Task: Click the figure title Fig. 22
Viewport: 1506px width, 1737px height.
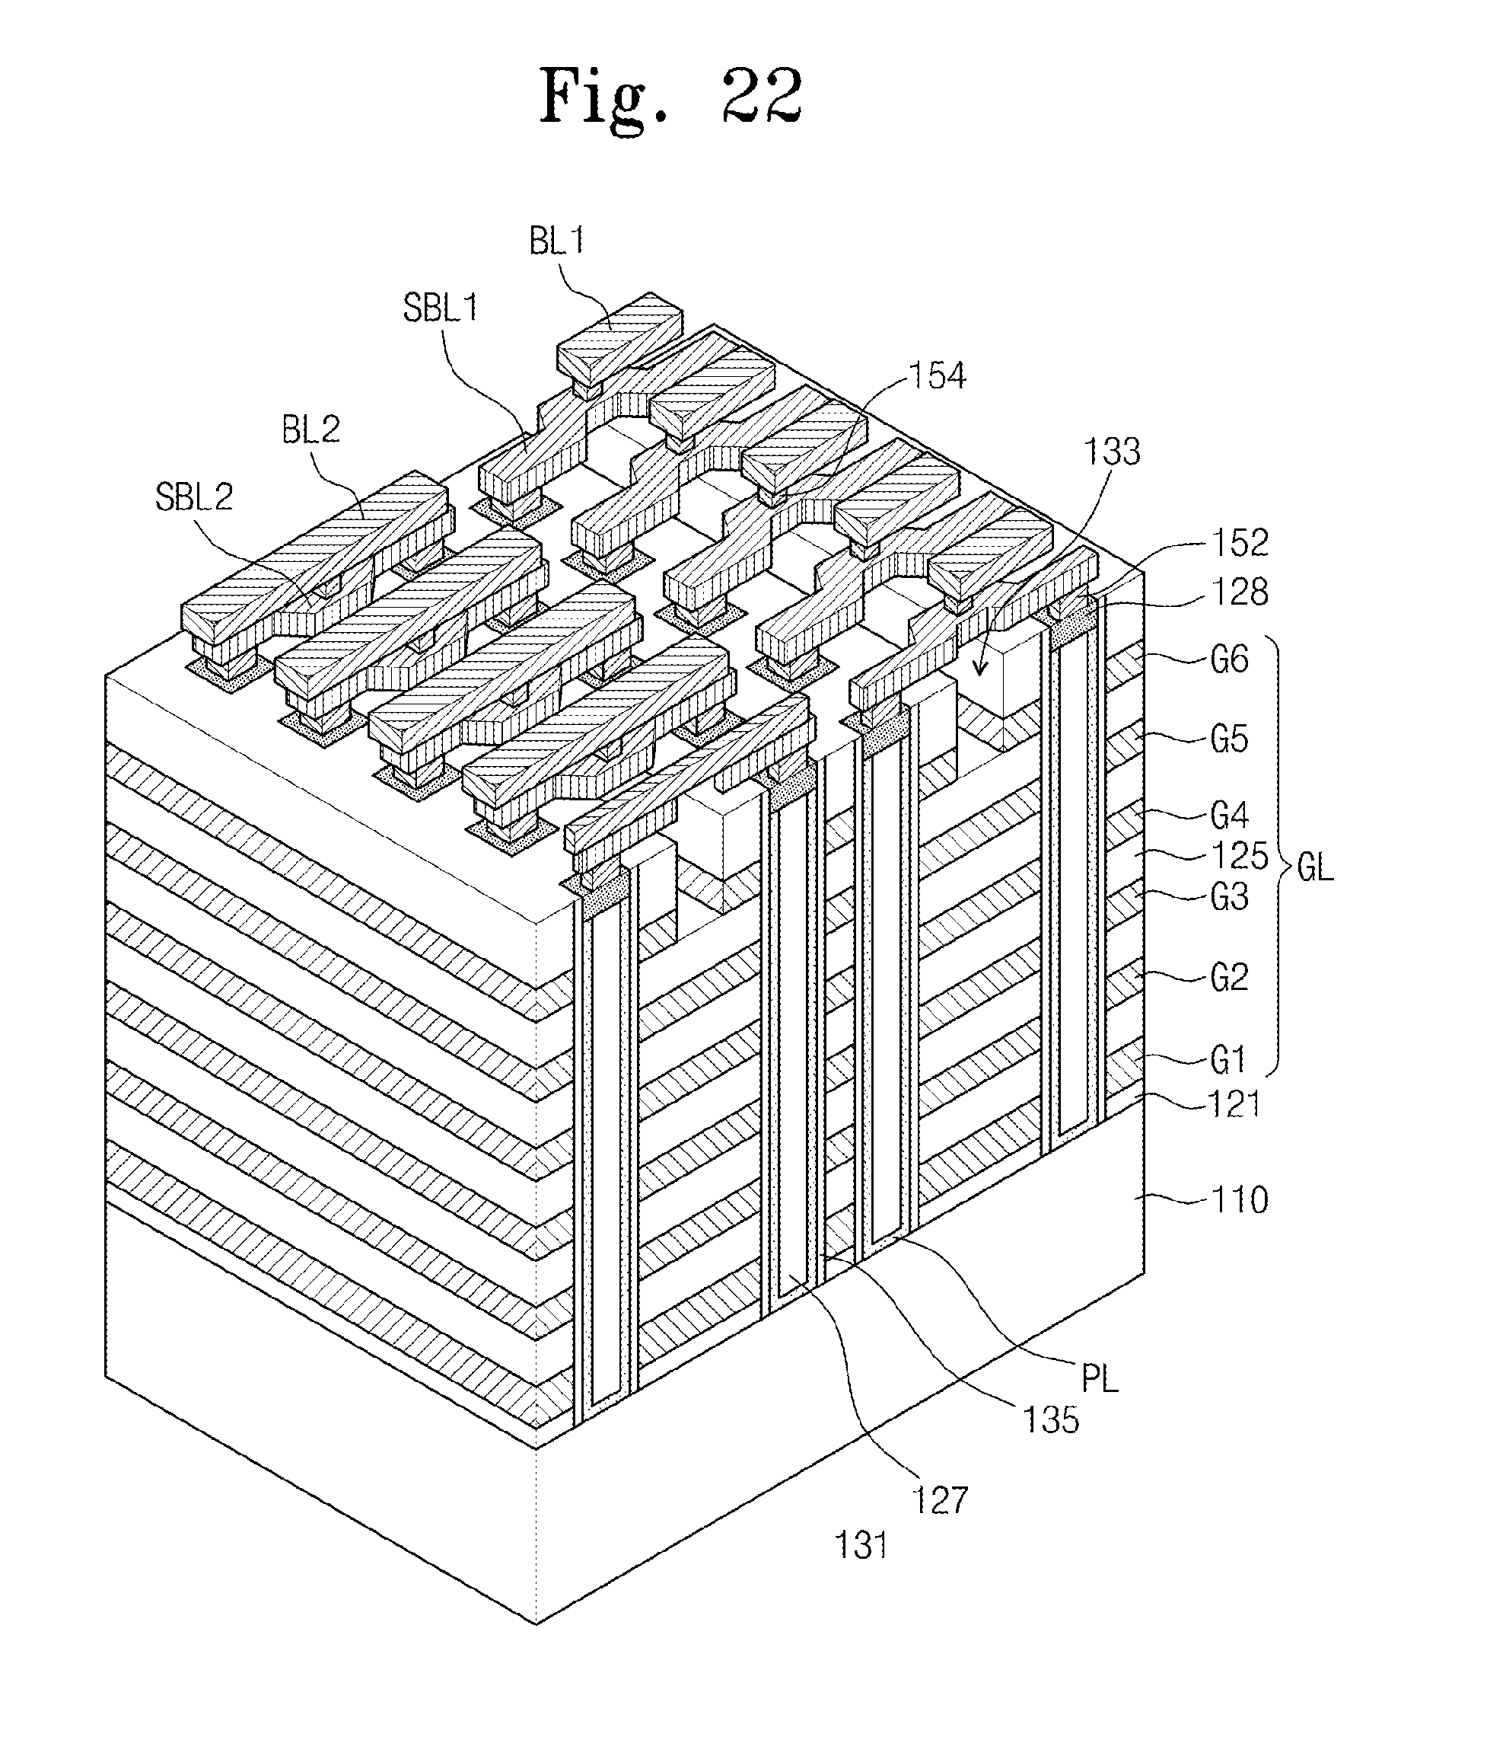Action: point(670,99)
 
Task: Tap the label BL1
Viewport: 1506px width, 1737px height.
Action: point(556,242)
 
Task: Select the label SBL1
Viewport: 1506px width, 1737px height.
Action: point(441,308)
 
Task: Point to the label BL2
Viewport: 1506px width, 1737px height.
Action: point(311,429)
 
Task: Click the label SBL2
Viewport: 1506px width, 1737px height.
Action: point(194,497)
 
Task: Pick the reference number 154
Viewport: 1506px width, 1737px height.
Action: point(938,376)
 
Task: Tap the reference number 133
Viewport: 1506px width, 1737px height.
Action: point(1112,452)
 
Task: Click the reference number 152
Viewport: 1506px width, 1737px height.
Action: point(1240,543)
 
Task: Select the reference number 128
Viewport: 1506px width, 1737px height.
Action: point(1240,592)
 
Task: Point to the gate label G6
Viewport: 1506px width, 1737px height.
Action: point(1230,660)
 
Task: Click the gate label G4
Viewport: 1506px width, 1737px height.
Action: point(1230,816)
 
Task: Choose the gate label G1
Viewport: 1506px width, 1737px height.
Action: point(1227,1060)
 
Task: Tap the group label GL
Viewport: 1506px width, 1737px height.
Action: point(1315,867)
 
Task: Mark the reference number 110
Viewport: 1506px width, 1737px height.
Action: point(1240,1201)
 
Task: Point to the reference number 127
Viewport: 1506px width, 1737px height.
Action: point(941,1500)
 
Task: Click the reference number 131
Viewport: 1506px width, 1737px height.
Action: point(861,1545)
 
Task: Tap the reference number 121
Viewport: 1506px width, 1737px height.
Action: point(1234,1104)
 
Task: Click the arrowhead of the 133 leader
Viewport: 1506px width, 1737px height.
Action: point(980,669)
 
